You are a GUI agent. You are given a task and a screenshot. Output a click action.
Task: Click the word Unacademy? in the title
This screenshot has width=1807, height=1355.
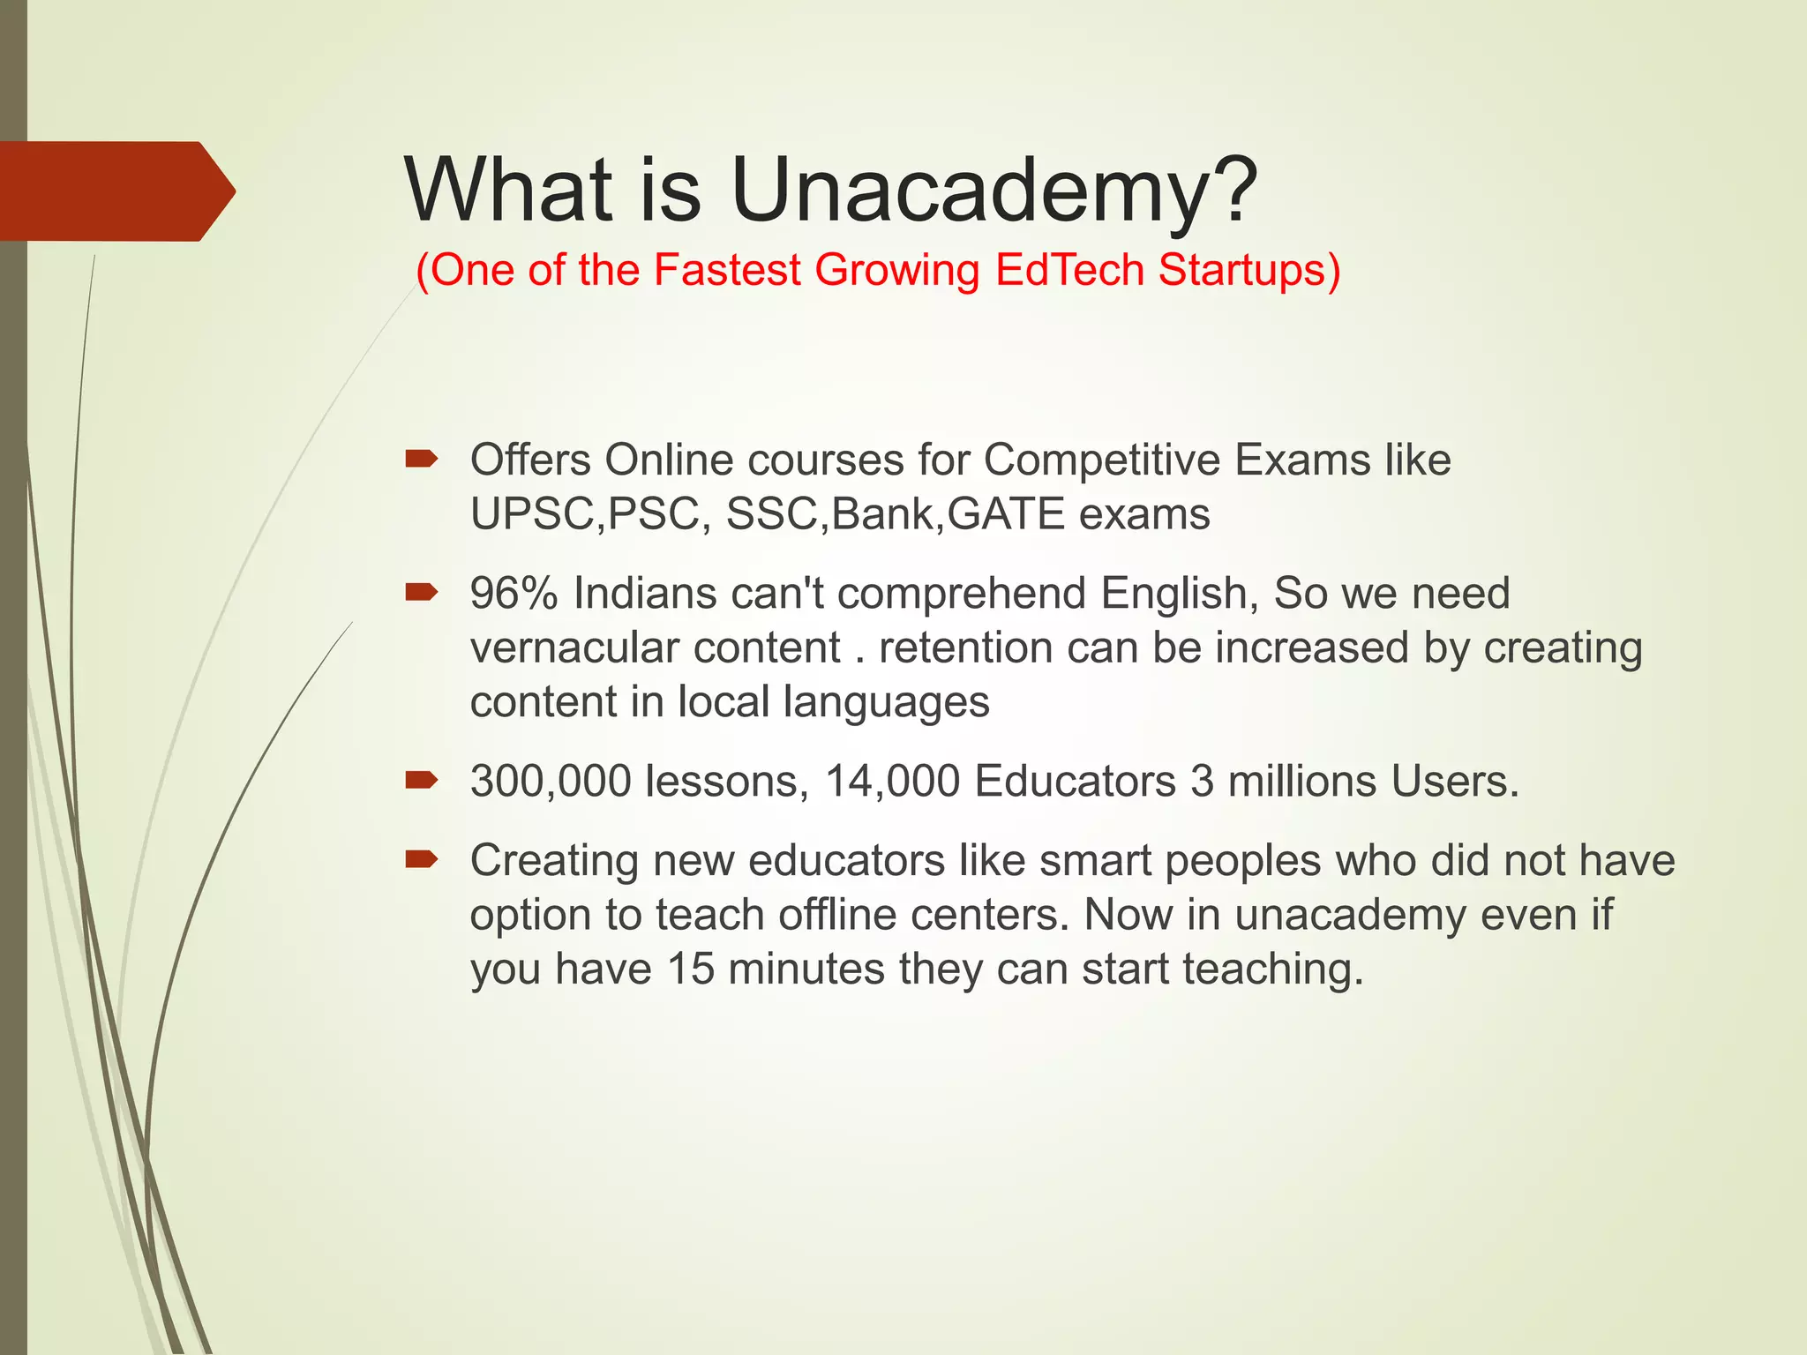pos(993,191)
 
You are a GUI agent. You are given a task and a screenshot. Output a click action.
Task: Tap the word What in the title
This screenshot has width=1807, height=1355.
pos(508,189)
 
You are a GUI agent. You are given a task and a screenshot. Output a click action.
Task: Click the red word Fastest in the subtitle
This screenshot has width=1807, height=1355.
pos(726,269)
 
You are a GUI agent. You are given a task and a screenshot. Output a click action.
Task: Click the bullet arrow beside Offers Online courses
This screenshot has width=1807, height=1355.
pos(421,458)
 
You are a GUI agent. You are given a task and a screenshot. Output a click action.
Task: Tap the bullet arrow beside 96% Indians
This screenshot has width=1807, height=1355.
pos(421,592)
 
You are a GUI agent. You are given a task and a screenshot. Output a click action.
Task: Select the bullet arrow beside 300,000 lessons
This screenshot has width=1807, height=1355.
pos(421,780)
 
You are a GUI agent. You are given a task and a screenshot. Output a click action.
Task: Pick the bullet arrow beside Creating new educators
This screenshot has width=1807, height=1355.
pos(421,859)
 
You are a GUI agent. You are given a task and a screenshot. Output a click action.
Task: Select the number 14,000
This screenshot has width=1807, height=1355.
pos(892,781)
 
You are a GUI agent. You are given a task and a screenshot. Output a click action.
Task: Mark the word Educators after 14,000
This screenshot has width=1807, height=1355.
pos(1076,781)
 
